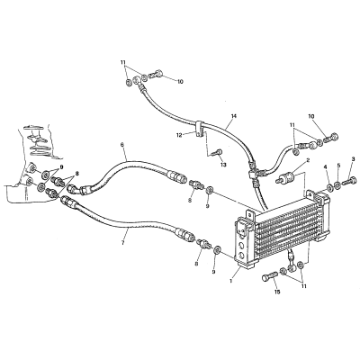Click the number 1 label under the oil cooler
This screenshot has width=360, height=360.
tap(230, 281)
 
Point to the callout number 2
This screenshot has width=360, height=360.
tap(308, 162)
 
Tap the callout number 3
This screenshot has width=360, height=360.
tap(353, 158)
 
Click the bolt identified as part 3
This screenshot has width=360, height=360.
tap(350, 181)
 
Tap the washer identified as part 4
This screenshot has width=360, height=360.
tap(329, 187)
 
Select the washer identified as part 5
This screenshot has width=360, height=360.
tap(337, 185)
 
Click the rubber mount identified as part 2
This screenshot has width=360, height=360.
tap(286, 177)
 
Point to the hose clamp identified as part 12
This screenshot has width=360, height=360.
tap(200, 129)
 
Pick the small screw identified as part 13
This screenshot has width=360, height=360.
tap(217, 152)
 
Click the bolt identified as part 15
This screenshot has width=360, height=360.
tap(270, 276)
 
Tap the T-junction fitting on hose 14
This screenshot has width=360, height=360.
tap(254, 174)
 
